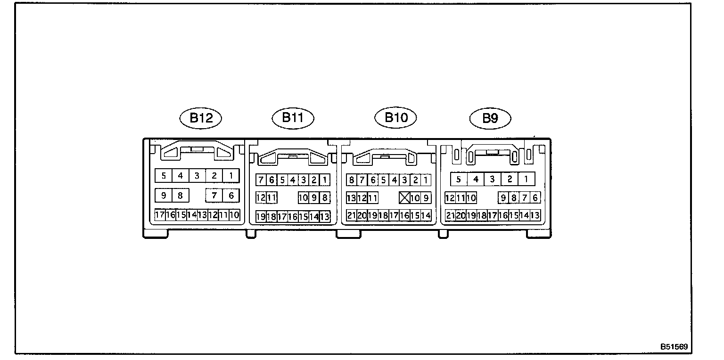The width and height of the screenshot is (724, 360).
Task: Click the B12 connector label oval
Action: tap(201, 118)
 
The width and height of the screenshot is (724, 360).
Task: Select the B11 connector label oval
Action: tap(293, 117)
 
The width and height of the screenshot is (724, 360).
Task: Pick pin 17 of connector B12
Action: tap(160, 215)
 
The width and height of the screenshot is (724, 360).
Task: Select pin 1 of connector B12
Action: tap(231, 176)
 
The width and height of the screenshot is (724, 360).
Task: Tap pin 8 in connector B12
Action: tap(180, 195)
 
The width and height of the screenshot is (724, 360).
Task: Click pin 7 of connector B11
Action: tap(261, 180)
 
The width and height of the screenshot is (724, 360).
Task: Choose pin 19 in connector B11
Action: tap(261, 217)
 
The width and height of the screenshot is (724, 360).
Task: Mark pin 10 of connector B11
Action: tap(303, 198)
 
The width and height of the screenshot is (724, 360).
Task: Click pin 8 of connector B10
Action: tap(351, 180)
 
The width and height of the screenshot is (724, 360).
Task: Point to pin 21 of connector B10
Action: tap(351, 215)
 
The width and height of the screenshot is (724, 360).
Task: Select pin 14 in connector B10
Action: tap(426, 215)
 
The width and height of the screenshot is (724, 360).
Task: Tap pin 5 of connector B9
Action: tap(459, 179)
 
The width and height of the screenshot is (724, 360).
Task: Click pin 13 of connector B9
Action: tap(535, 215)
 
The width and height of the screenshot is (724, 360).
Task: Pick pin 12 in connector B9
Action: tap(450, 198)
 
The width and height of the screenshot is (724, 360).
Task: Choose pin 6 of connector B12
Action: tap(231, 195)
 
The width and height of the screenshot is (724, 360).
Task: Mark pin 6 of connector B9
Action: tap(535, 198)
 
